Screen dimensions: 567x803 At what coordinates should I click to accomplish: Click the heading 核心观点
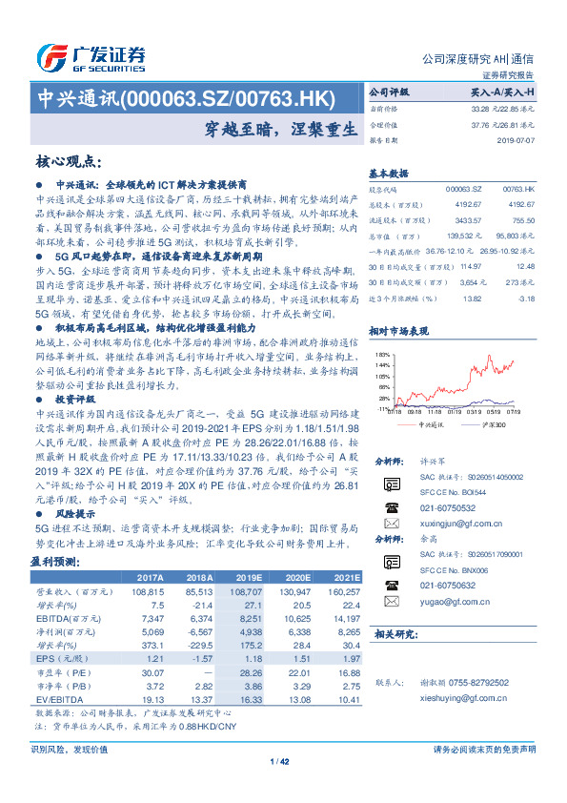(x=68, y=162)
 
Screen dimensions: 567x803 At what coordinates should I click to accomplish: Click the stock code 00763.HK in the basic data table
(x=516, y=192)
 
